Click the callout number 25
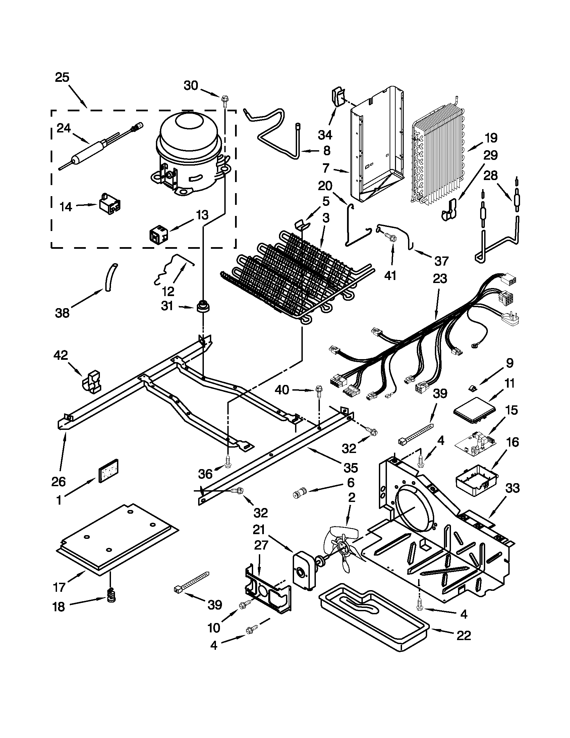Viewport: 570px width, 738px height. [62, 77]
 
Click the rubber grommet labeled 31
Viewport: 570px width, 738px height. [203, 306]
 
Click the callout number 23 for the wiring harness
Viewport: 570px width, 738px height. [440, 279]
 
